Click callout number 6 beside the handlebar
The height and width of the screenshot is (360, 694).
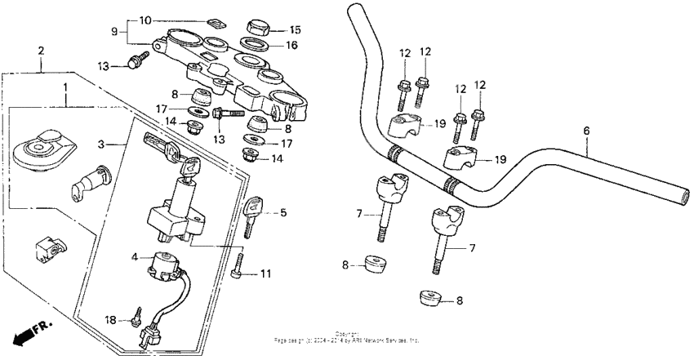586,131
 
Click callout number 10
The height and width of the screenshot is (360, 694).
145,20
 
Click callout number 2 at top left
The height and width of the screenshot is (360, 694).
41,51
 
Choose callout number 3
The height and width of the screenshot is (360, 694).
100,144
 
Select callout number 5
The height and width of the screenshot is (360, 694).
283,214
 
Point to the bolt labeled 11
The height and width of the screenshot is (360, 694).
238,269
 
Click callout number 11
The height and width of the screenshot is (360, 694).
265,275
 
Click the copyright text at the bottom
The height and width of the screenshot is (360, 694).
346,337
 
